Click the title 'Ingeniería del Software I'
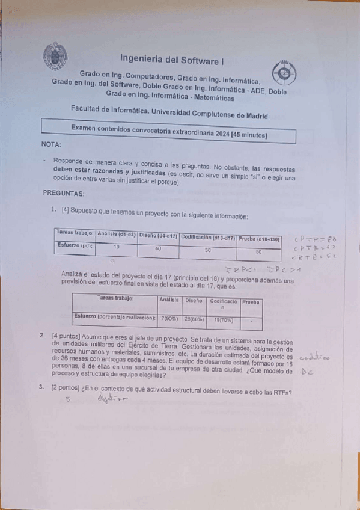tap(172, 59)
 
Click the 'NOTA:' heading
tap(52, 145)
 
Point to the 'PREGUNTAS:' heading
tap(64, 194)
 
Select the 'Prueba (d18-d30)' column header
tap(259, 238)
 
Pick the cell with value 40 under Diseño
tap(157, 248)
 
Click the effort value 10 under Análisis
tap(116, 247)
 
